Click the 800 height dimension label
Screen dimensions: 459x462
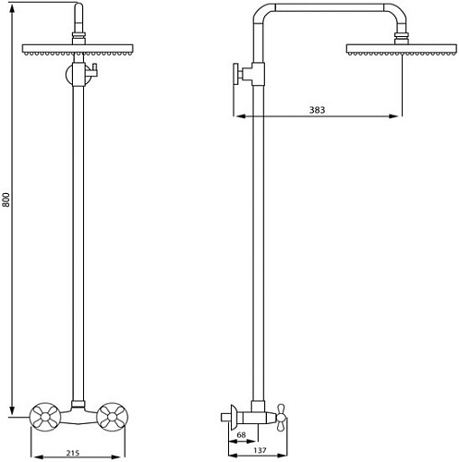click(7, 200)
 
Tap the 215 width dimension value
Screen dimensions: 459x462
click(73, 453)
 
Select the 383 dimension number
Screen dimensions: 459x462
click(317, 110)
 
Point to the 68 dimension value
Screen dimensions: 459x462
click(241, 435)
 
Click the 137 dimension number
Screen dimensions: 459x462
click(260, 450)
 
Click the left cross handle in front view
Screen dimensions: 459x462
click(45, 417)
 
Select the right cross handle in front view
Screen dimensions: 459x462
click(112, 417)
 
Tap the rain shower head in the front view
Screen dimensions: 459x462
click(78, 50)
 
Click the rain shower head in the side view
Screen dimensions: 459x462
click(402, 50)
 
